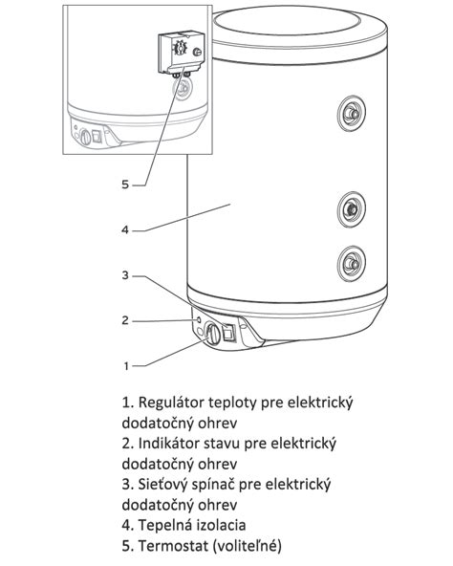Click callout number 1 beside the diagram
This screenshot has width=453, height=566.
pos(126,365)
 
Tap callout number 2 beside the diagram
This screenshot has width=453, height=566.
pos(125,320)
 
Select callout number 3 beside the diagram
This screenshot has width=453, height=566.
pos(125,275)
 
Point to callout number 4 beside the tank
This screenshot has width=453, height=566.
pos(125,229)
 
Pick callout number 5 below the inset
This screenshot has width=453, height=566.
pos(125,185)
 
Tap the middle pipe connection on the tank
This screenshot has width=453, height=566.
pos(350,207)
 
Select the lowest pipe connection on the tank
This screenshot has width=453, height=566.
pos(350,260)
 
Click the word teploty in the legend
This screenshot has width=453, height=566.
pos(247,403)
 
